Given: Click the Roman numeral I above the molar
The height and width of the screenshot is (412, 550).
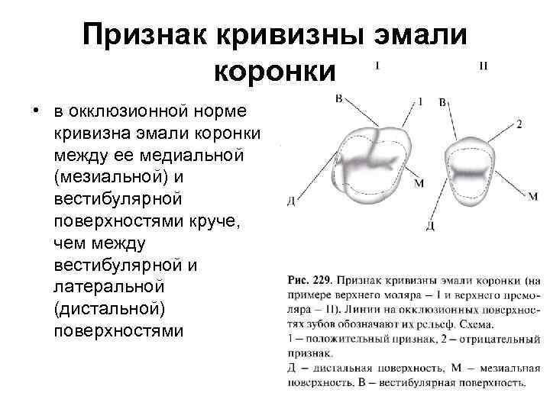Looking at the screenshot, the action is click(x=377, y=66).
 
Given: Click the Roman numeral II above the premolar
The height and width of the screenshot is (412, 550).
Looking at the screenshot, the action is click(x=483, y=66).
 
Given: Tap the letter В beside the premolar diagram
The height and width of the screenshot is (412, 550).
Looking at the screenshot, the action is click(x=443, y=102).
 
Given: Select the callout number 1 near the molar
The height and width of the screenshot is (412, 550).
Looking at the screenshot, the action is click(x=420, y=100).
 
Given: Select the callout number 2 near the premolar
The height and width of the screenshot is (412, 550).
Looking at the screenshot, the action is click(x=519, y=124).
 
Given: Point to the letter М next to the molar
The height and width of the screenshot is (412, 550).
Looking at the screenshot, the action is click(x=418, y=184).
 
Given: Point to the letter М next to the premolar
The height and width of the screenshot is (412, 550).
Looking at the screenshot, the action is click(x=532, y=197).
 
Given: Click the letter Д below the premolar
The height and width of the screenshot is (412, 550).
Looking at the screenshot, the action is click(x=431, y=227).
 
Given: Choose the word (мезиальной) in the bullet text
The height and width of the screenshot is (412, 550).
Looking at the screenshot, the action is click(x=109, y=177).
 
